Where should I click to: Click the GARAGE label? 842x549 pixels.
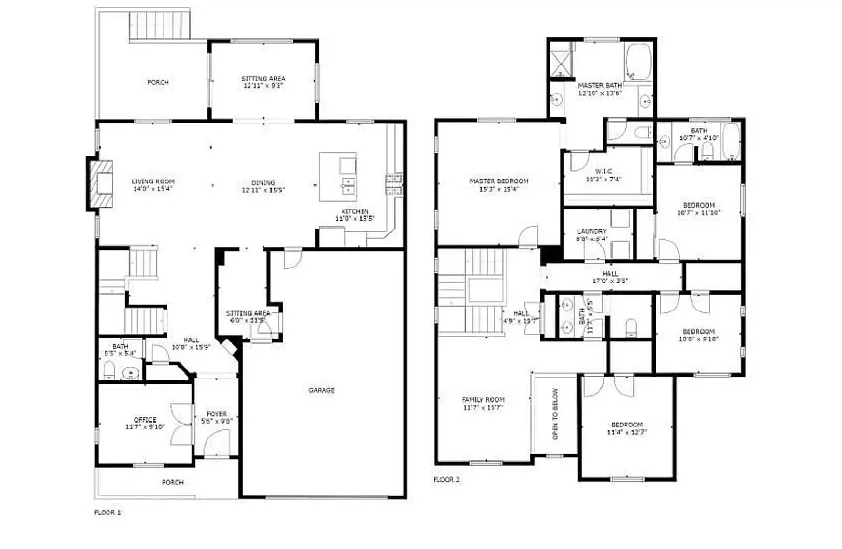click(321, 390)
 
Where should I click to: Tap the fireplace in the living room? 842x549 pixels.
click(101, 184)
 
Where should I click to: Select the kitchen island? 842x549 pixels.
click(338, 177)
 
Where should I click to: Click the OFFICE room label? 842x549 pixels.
click(145, 420)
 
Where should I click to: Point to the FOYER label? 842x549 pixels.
click(216, 414)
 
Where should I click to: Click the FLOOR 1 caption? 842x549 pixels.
click(107, 512)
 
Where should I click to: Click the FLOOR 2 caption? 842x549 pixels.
click(446, 479)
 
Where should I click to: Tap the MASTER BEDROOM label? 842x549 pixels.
click(499, 181)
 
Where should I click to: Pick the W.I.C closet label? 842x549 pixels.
click(603, 171)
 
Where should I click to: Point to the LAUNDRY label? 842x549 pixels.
click(592, 231)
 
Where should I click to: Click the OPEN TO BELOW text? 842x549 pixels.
click(555, 414)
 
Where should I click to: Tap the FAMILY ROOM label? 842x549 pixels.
click(483, 400)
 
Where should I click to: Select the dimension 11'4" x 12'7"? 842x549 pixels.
click(627, 432)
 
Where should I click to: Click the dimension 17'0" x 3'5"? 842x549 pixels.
click(610, 281)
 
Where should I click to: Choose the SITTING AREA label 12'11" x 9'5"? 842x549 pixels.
click(263, 79)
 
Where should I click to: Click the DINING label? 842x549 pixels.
click(263, 183)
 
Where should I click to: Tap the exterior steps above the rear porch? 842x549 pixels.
click(159, 25)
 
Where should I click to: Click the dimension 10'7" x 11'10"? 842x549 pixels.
click(698, 213)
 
